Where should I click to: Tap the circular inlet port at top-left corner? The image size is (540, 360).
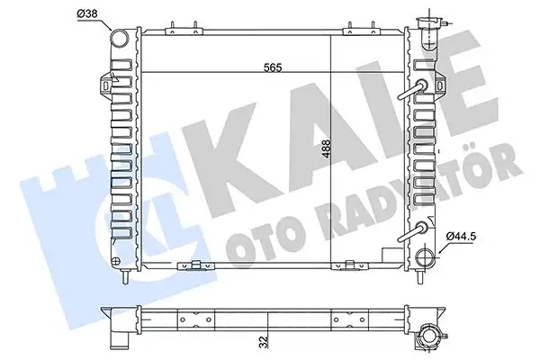pyautogui.click(x=119, y=39)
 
